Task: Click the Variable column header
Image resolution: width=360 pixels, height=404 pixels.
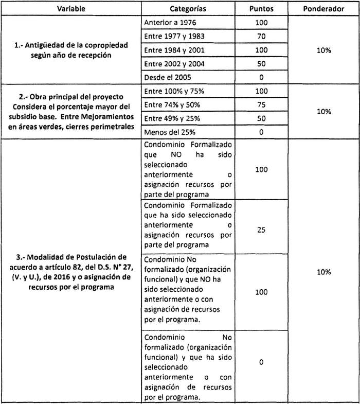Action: click(x=71, y=9)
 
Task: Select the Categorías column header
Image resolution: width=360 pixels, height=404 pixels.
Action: click(x=188, y=9)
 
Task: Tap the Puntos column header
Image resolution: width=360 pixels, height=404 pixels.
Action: click(x=261, y=9)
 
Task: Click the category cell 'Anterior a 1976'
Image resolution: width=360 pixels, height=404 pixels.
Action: click(x=170, y=23)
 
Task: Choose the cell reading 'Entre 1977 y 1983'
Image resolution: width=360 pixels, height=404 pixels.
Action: click(x=174, y=37)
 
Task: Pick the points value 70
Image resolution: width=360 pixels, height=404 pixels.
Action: click(x=261, y=37)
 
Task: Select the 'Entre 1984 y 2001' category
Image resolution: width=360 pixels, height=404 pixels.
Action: click(x=174, y=50)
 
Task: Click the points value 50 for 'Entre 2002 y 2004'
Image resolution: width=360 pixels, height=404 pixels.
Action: click(x=261, y=64)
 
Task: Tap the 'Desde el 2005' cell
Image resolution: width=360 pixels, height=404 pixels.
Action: click(x=167, y=77)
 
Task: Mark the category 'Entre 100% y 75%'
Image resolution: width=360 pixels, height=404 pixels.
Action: click(x=173, y=91)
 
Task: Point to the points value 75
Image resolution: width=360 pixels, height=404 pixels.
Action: click(x=261, y=104)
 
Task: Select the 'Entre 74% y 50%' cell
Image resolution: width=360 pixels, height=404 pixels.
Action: click(x=172, y=104)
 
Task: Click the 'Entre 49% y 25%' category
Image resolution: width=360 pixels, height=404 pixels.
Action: click(x=172, y=118)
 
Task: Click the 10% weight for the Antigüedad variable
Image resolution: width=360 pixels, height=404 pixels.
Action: click(x=323, y=50)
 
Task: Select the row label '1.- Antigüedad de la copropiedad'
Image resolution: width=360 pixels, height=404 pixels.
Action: click(x=71, y=45)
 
